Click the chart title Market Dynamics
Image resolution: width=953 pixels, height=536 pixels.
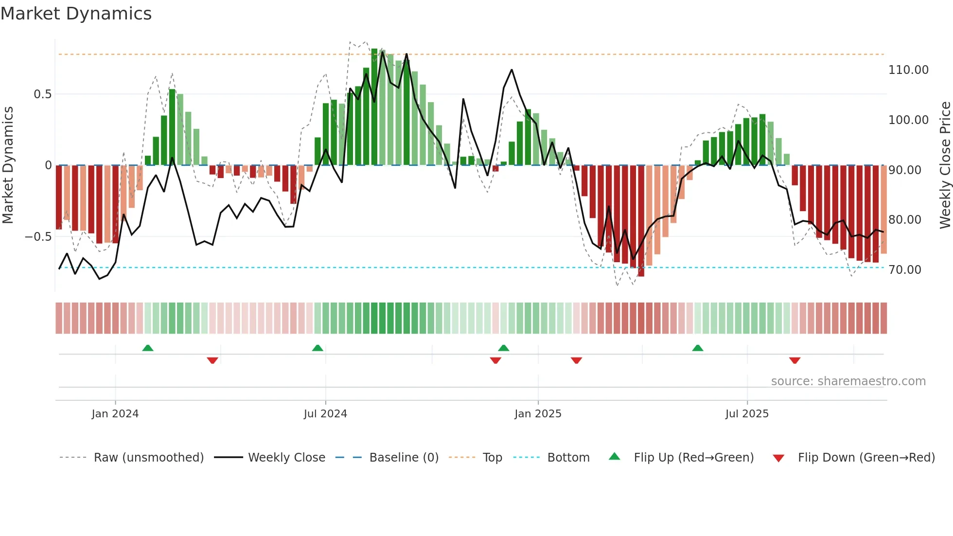tap(76, 14)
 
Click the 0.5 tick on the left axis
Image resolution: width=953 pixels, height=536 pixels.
tap(42, 94)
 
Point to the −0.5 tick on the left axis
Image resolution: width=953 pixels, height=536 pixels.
tap(38, 237)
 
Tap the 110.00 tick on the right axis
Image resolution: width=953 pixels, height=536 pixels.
tap(908, 70)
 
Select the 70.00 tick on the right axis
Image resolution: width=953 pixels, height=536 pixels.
tap(904, 270)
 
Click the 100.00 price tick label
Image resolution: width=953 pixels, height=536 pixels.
tap(908, 120)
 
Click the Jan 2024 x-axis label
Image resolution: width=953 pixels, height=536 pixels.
tap(115, 414)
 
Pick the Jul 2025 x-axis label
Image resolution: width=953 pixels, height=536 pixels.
tap(746, 414)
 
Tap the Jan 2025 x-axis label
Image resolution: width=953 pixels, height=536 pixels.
tap(537, 414)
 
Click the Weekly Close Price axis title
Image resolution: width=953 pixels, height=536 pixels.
tap(945, 165)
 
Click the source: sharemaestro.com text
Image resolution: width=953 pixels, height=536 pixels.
tap(848, 381)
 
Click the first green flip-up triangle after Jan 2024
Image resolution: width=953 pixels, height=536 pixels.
tap(148, 348)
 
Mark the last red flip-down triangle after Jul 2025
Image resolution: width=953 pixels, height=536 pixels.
tap(794, 360)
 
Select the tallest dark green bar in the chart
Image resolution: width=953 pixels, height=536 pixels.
tap(374, 107)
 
